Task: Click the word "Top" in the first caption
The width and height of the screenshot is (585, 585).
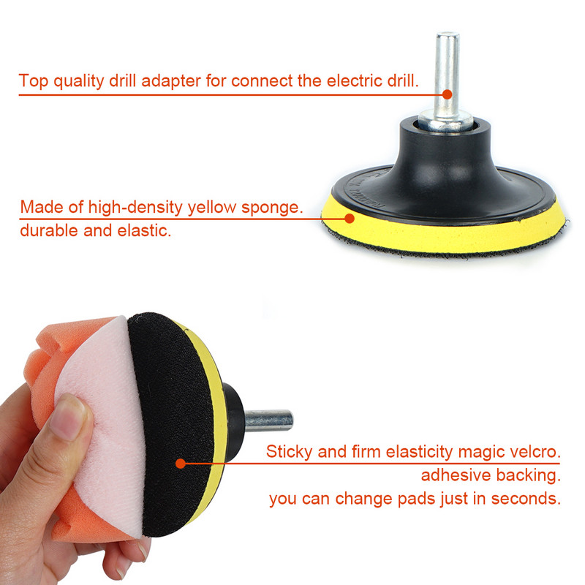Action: (x=33, y=80)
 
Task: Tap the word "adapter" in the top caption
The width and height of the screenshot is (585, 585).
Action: (x=171, y=81)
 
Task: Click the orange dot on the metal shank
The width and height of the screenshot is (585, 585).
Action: (x=448, y=94)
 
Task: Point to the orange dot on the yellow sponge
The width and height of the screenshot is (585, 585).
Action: (x=350, y=218)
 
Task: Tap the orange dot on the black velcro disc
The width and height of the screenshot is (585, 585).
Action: (x=181, y=464)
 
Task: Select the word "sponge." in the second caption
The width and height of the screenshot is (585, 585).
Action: (x=272, y=208)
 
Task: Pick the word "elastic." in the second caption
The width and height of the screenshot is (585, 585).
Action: (x=144, y=230)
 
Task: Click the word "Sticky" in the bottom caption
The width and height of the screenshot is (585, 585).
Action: (x=289, y=452)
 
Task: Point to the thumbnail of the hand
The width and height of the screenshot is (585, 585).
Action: (x=67, y=417)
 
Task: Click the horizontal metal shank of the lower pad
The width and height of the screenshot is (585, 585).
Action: (x=268, y=420)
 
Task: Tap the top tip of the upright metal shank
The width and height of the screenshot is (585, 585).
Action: (x=448, y=34)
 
